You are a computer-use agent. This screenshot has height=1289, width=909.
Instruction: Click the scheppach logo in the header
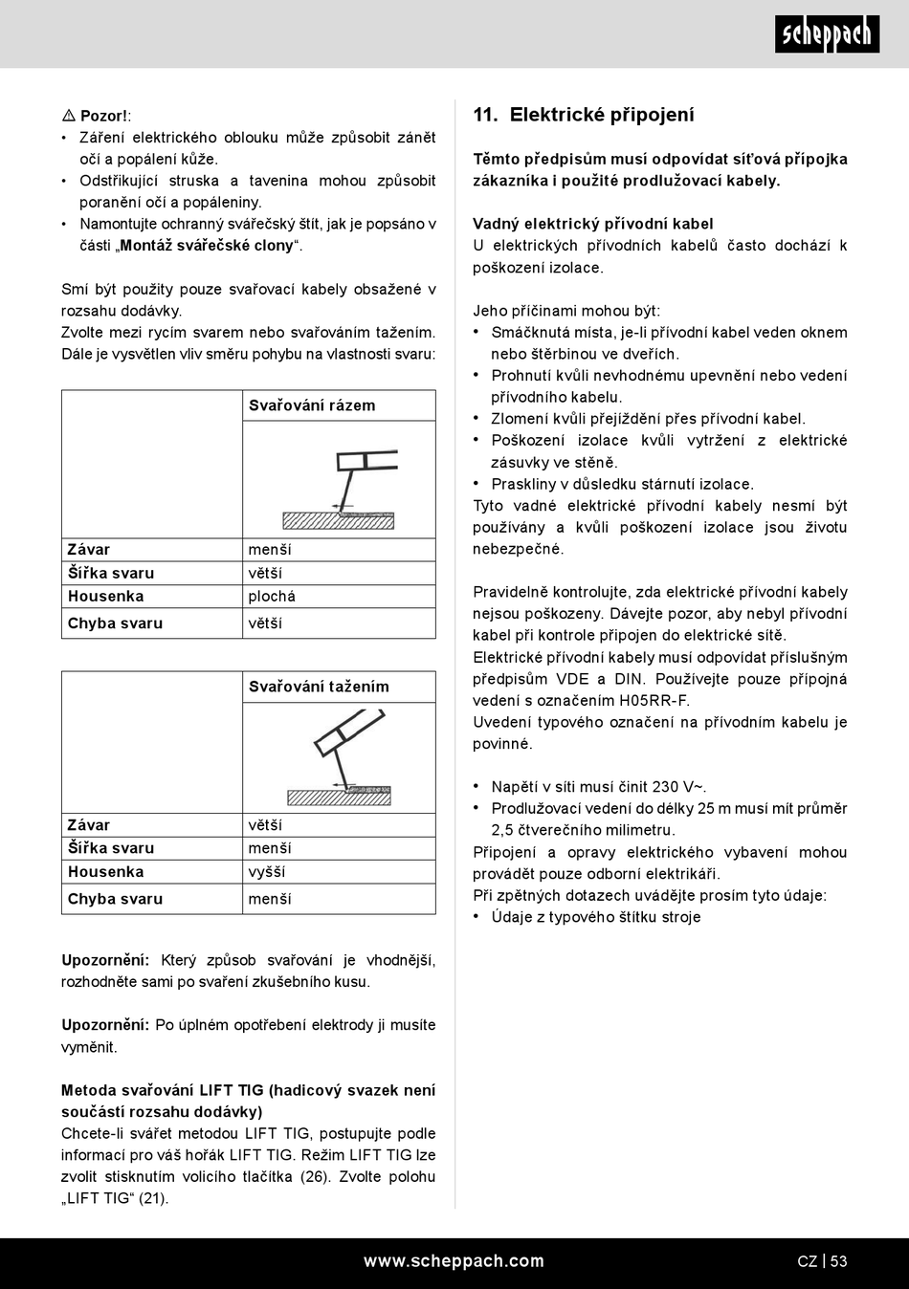coord(827,34)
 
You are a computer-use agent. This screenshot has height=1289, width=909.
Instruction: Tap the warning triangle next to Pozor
coord(69,116)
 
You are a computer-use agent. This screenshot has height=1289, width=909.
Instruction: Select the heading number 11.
coord(484,115)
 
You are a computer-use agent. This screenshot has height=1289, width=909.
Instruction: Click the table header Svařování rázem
coord(312,405)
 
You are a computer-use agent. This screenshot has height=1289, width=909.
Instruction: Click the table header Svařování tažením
coord(319,687)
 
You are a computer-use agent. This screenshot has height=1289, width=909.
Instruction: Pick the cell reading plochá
coord(272,597)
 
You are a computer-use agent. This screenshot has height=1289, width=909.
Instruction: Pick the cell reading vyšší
coord(266,872)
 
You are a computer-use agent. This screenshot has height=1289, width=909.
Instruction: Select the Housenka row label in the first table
coord(105,597)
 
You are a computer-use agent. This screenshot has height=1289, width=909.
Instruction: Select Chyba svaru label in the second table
coord(115,899)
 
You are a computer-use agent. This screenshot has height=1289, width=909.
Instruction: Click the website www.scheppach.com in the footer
coord(454,1261)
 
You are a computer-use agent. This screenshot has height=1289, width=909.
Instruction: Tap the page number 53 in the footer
coord(838,1261)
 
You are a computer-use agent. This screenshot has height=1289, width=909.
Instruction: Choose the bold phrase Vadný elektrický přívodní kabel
coord(593,224)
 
